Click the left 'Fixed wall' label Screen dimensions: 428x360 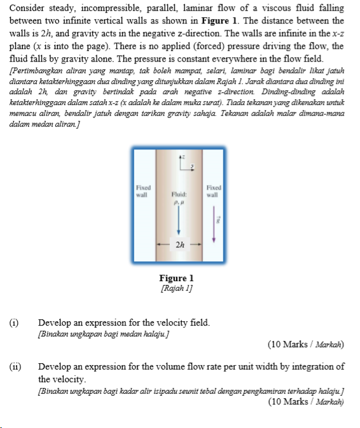[143, 191]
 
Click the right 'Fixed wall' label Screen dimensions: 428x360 [214, 191]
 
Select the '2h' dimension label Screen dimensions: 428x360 [179, 244]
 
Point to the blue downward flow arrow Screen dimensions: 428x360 [178, 220]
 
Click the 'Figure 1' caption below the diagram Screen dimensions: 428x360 [176, 278]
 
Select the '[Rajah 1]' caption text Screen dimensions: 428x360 [176, 287]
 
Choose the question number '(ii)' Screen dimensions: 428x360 [15, 366]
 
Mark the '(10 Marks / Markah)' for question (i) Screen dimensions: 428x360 [306, 344]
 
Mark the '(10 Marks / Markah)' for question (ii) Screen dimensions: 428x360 [306, 401]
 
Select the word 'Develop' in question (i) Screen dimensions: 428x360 [54, 322]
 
